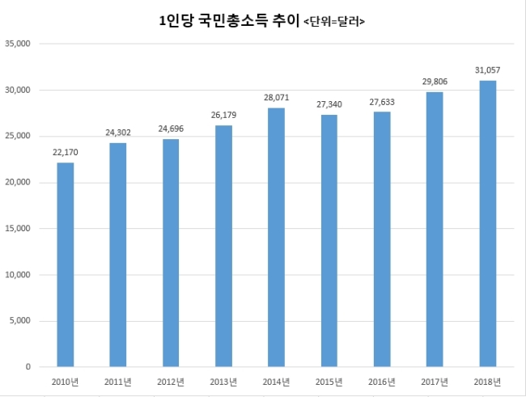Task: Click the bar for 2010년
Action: tap(66, 264)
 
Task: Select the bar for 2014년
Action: tap(277, 238)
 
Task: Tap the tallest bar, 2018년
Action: tap(488, 224)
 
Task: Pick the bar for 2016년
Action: tap(382, 239)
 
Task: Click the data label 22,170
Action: tap(66, 153)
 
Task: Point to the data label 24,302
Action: tap(118, 133)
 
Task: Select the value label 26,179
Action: tap(223, 115)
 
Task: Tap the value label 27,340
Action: tap(329, 104)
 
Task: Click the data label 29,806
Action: tap(435, 82)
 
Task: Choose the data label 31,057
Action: tap(488, 70)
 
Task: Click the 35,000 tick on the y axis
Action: tap(18, 44)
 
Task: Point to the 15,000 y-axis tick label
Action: tap(18, 228)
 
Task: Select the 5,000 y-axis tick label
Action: tap(19, 321)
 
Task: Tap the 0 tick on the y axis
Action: tap(28, 367)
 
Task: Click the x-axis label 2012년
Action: tap(171, 382)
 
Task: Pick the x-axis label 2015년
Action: tap(329, 382)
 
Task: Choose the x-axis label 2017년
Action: tap(435, 382)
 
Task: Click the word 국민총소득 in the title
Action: tap(233, 21)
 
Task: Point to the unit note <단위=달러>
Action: tap(334, 22)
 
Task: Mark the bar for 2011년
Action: tap(118, 255)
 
